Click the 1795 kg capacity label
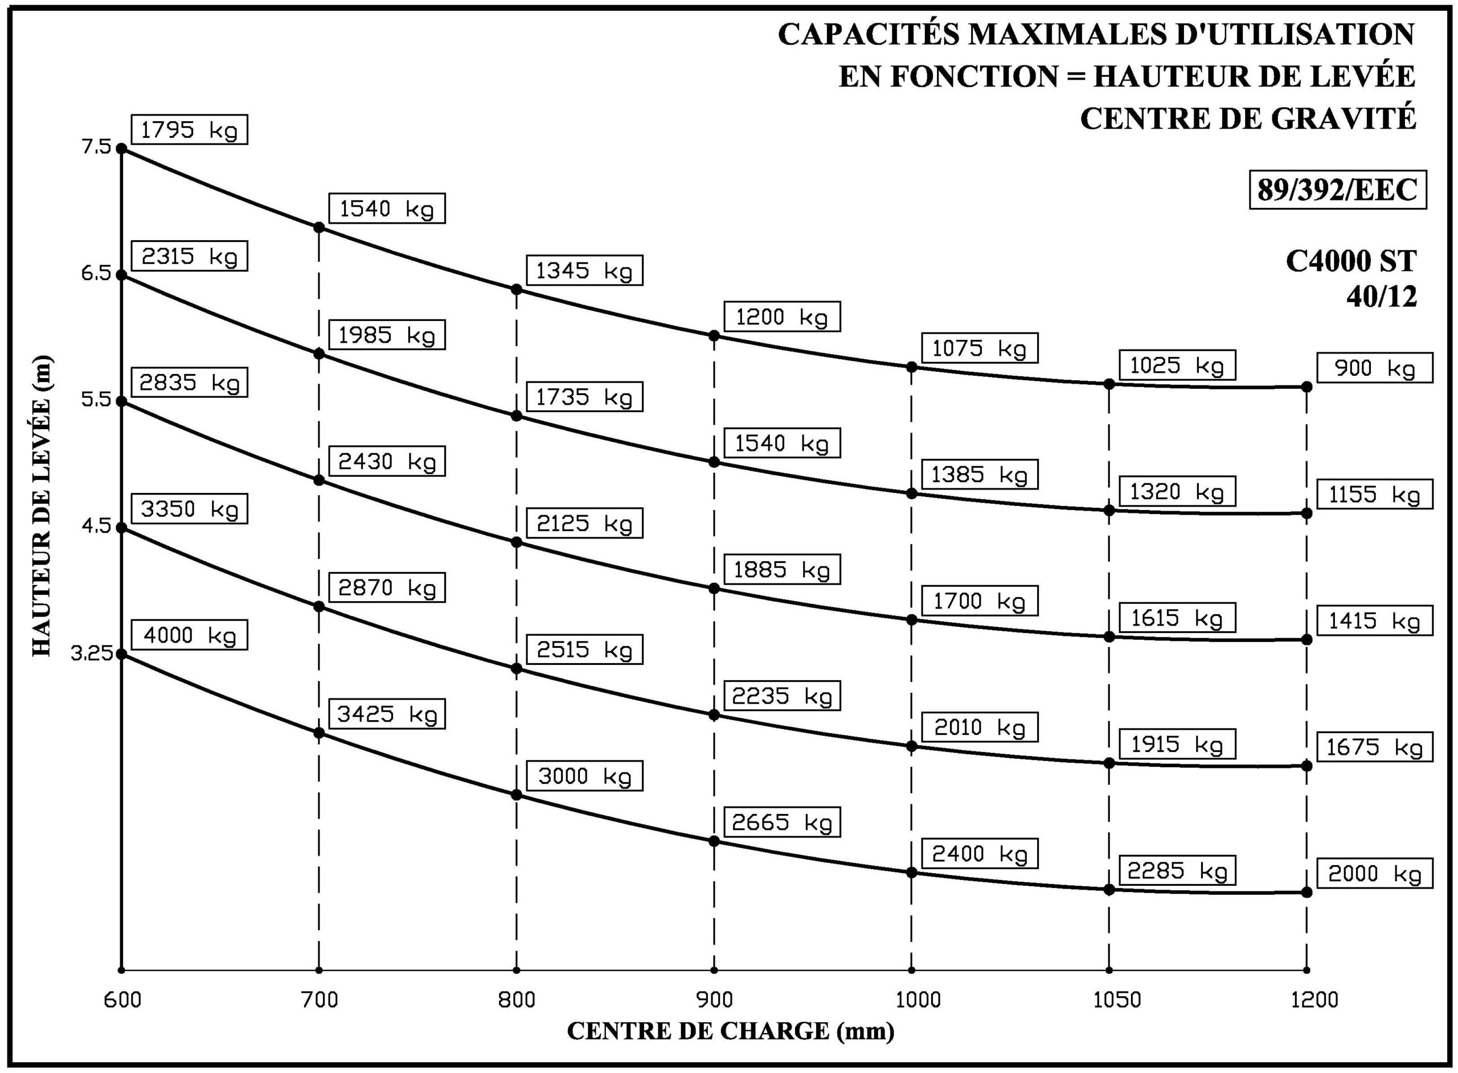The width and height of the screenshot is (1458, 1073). pos(189,130)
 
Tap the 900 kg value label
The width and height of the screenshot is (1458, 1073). pos(1374,368)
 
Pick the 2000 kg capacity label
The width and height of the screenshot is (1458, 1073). pos(1374,874)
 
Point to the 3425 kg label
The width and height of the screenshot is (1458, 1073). pos(387,714)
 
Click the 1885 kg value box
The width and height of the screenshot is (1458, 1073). pos(781,570)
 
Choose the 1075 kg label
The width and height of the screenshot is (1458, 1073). pos(979,349)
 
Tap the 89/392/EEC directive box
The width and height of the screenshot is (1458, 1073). pos(1337,190)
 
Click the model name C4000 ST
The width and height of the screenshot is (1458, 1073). pos(1351,261)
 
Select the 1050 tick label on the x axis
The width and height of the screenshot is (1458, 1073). pos(1117,1000)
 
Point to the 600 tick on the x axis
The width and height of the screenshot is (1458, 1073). pos(122,1000)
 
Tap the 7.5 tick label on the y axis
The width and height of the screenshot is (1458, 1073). pos(97,147)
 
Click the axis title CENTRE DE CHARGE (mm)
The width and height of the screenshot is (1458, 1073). pos(730,1031)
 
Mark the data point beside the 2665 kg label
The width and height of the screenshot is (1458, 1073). pos(714,841)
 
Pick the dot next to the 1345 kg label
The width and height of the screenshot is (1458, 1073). pos(517,289)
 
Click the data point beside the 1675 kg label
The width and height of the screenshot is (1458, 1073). pos(1307,766)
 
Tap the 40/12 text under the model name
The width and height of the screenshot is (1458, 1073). pos(1381,297)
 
